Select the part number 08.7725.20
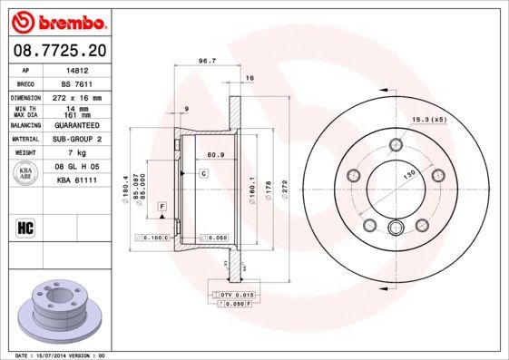click(x=58, y=52)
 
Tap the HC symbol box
click(x=24, y=226)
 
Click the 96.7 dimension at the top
click(x=206, y=63)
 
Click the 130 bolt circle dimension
click(x=409, y=173)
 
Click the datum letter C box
click(x=204, y=173)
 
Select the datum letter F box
click(x=162, y=208)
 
